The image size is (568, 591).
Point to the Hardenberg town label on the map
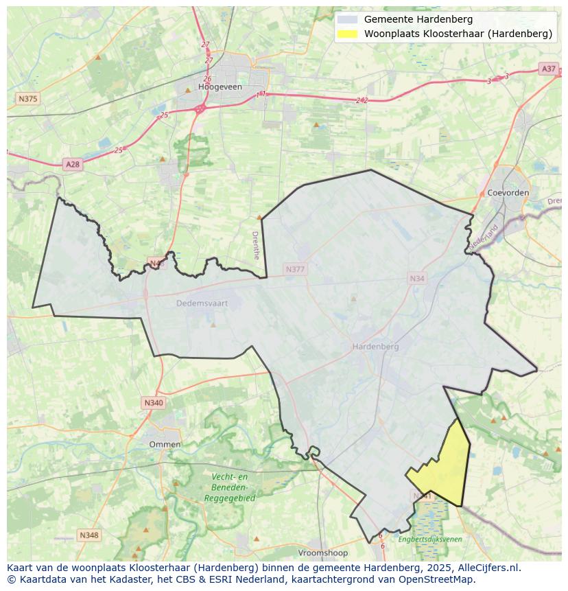[x=375, y=347]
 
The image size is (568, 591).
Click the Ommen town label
[x=165, y=444]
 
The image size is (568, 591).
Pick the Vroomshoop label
[x=322, y=553]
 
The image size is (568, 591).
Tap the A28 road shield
[x=72, y=164]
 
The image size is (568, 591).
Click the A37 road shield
[x=548, y=69]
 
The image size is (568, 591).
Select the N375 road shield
[x=27, y=99]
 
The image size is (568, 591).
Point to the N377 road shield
[x=295, y=269]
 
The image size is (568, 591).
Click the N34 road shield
[x=416, y=278]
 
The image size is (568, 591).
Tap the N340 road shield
[x=154, y=403]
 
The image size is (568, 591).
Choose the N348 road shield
[x=88, y=535]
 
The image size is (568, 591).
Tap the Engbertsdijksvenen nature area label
[x=430, y=540]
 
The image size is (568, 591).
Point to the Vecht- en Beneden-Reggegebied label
[x=229, y=487]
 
